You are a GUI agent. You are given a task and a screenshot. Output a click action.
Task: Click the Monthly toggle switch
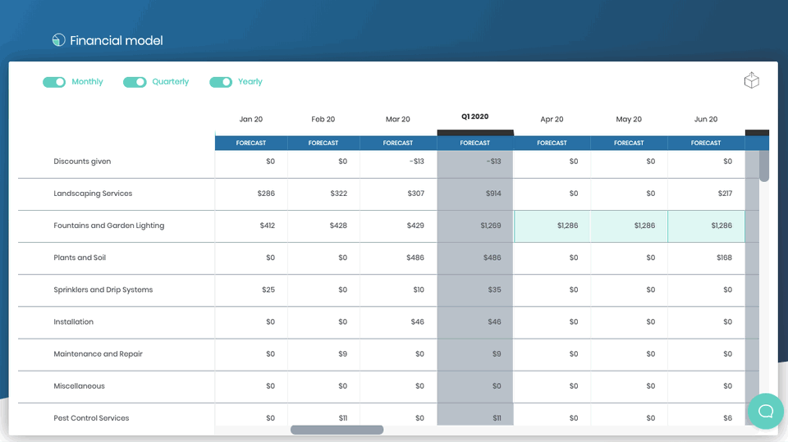[54, 82]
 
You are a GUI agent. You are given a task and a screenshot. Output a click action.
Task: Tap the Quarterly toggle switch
[135, 82]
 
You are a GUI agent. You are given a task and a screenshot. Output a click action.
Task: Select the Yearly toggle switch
[221, 82]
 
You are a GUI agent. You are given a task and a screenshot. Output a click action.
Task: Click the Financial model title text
[116, 40]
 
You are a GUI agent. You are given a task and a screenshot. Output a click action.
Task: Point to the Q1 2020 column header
[474, 116]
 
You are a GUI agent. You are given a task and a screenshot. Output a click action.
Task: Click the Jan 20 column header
[251, 120]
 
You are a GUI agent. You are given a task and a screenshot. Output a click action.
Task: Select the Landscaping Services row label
[93, 194]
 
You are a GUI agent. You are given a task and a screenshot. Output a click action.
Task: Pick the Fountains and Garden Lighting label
[108, 226]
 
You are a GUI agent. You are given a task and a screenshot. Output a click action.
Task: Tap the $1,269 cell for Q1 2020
[490, 226]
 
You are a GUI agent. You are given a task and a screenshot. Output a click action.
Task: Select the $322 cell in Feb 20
[338, 194]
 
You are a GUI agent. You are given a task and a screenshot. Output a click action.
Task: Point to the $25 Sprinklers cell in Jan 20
[268, 289]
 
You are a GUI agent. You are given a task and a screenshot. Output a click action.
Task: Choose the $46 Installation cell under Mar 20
[417, 321]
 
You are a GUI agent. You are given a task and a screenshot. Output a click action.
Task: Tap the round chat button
[765, 411]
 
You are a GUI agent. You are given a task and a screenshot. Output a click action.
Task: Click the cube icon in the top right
[751, 80]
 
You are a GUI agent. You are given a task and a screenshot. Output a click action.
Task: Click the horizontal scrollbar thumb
[337, 430]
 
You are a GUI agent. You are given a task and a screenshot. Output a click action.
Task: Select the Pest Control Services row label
[91, 418]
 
